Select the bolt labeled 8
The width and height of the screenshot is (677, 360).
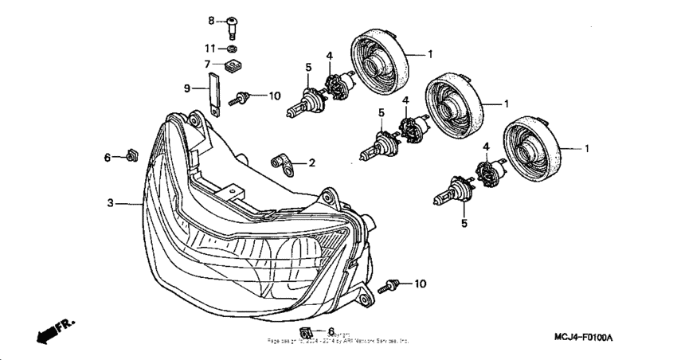click(x=232, y=25)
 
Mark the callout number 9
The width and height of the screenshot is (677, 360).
click(x=188, y=88)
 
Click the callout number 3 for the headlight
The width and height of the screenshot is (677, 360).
click(x=112, y=203)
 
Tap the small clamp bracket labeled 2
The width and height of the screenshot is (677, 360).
click(x=281, y=163)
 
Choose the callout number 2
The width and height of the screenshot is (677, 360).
click(x=311, y=162)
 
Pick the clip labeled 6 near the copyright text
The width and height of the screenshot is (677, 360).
click(x=305, y=331)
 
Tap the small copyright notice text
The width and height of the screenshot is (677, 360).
click(x=338, y=338)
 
